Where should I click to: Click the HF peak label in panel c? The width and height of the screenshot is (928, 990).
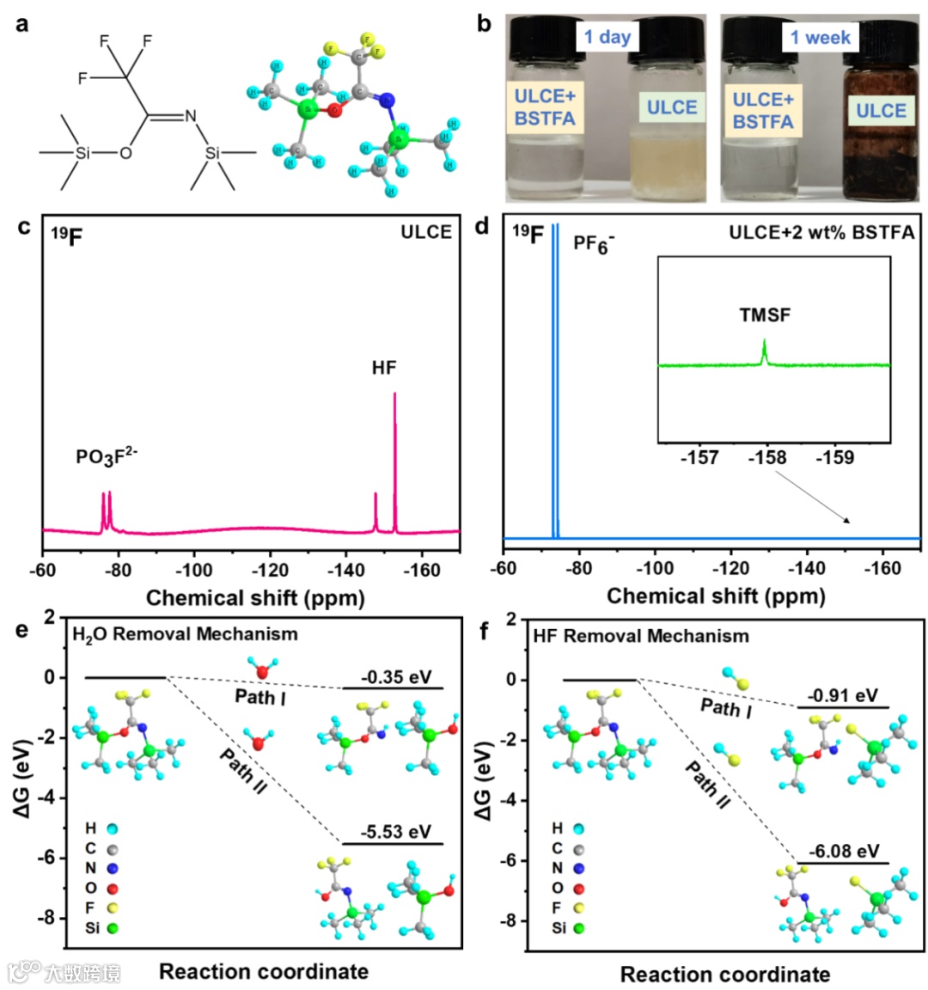[384, 368]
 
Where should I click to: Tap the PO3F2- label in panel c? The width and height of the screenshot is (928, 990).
[107, 455]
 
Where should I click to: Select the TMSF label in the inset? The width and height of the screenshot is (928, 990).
[765, 315]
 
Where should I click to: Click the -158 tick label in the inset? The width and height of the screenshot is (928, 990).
[767, 457]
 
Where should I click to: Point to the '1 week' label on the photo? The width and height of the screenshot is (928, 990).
[821, 37]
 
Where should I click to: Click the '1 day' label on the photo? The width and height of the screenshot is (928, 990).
[607, 37]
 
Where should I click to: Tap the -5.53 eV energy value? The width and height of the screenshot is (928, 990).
[395, 831]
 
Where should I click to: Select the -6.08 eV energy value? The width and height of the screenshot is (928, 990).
[845, 851]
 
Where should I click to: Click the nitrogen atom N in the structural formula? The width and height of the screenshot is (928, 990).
[191, 116]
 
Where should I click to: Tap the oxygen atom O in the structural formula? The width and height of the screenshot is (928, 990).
[125, 153]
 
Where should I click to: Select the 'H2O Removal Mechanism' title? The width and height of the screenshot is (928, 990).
[185, 634]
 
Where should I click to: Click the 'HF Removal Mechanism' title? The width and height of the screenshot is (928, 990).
[641, 636]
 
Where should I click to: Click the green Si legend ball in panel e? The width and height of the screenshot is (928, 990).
[113, 928]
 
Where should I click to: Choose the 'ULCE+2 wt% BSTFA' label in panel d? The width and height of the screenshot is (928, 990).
[821, 232]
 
